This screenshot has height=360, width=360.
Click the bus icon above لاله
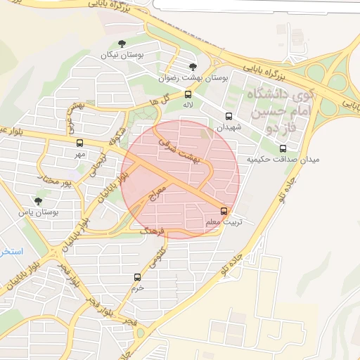point(188,94)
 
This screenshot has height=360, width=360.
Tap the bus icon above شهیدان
point(229,117)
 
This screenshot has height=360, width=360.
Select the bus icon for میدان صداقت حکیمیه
point(283,148)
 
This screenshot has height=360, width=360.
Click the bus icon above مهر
point(79,143)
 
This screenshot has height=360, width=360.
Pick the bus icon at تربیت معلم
point(224,210)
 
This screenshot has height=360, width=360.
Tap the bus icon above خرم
point(137,277)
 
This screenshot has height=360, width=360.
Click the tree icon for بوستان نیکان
point(122,44)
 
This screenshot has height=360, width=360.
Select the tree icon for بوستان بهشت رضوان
point(193,67)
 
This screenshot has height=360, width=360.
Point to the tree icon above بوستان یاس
point(48,200)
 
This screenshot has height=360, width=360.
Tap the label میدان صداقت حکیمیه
point(283,160)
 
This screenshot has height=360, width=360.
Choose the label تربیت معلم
point(224,221)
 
